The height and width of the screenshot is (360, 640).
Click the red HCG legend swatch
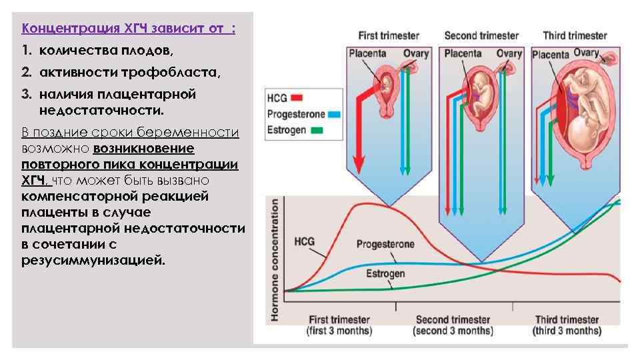[x=297, y=98]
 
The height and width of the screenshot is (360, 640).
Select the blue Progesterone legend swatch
[x=335, y=114]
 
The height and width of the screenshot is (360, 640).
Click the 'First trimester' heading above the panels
[x=389, y=35]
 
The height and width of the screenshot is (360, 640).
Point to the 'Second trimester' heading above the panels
[x=481, y=35]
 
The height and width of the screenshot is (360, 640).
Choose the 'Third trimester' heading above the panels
[x=575, y=35]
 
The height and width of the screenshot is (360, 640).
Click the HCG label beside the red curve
[x=304, y=241]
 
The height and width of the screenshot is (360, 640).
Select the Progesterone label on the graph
[x=385, y=244]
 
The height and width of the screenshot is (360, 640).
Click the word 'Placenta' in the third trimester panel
[x=550, y=55]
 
